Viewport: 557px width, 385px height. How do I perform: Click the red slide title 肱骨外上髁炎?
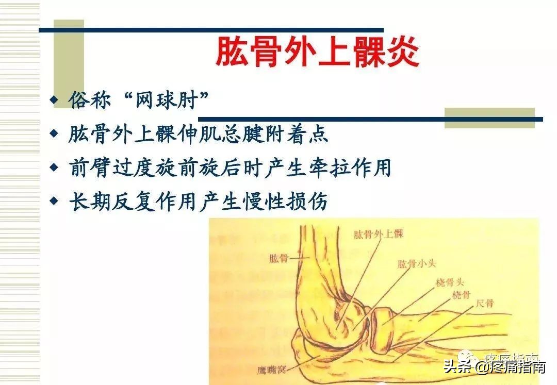(317, 52)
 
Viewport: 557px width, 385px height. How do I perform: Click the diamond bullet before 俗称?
(54, 99)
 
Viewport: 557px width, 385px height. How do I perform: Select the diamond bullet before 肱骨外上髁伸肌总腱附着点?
(54, 134)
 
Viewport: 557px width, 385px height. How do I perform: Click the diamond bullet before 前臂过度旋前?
(54, 168)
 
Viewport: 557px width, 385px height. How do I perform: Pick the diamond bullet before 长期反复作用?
(54, 202)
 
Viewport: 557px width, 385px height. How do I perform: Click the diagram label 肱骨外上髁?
(378, 235)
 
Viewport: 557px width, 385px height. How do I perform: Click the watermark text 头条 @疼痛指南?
(495, 367)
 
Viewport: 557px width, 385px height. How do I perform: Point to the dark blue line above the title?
(211, 30)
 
